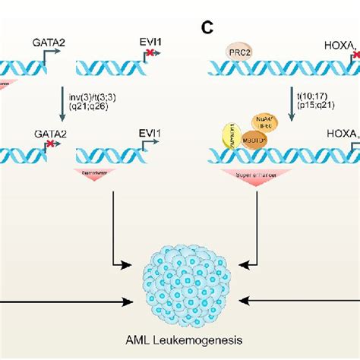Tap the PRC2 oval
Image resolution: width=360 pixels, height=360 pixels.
pos(238,53)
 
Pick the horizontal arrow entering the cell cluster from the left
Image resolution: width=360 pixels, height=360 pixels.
pos(61,302)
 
